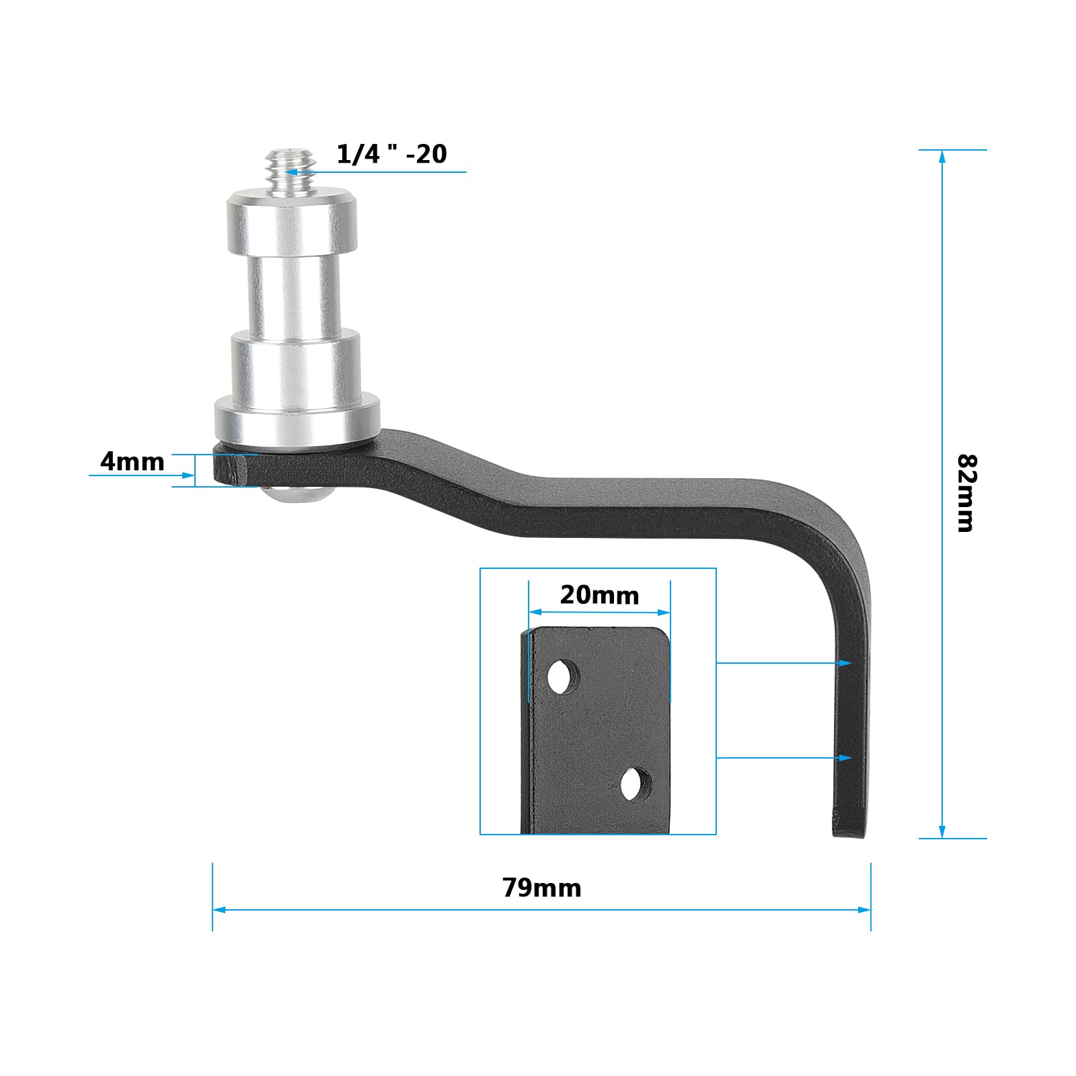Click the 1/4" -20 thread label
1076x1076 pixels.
point(391,154)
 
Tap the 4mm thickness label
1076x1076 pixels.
point(132,462)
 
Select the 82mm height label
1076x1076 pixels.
point(966,493)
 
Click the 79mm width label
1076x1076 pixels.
point(541,888)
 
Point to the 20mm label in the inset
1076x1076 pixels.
point(599,595)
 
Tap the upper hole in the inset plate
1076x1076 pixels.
point(563,677)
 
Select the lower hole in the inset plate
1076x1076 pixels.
point(636,784)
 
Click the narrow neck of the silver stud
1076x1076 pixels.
point(291,293)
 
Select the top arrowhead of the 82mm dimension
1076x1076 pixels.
point(942,155)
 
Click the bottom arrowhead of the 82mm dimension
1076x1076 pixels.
point(942,833)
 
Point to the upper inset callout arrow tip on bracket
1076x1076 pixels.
point(848,663)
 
